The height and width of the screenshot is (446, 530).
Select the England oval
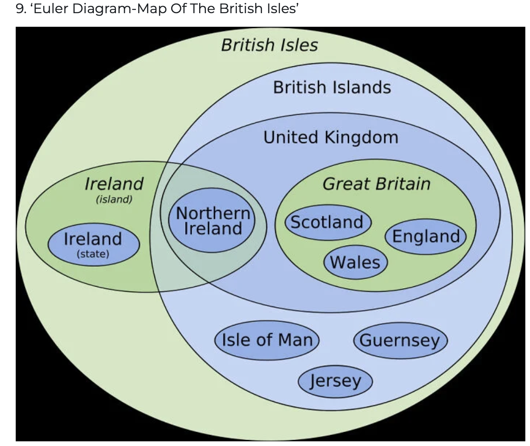point(426,236)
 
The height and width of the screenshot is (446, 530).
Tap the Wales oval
point(355,262)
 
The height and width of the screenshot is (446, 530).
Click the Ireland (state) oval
point(93,244)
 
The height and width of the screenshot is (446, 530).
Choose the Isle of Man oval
point(267,340)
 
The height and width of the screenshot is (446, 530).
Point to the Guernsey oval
point(400,340)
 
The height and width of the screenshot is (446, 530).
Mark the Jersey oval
point(335,381)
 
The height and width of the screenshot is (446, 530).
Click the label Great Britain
point(376,184)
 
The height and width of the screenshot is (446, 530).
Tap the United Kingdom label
point(331,137)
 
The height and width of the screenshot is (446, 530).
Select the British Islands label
point(332,87)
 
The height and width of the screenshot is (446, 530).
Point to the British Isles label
point(269,45)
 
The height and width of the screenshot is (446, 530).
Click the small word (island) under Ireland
point(114,199)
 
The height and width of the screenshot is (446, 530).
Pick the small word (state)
point(93,254)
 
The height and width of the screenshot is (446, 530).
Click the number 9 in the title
point(20,9)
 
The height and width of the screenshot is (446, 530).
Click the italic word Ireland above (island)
point(114,183)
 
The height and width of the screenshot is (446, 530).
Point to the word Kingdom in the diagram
point(361,137)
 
